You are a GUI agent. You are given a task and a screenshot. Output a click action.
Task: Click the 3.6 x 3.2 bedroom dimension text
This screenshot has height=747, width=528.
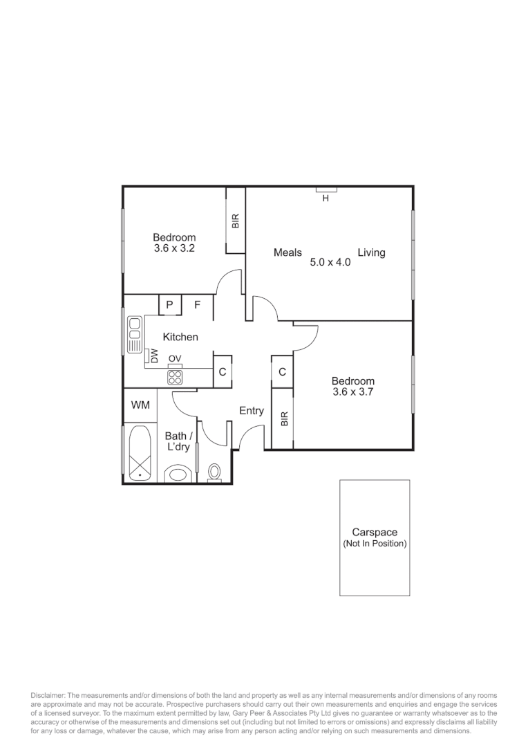click(174, 248)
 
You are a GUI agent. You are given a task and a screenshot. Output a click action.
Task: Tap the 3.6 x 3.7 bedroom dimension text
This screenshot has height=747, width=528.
click(352, 392)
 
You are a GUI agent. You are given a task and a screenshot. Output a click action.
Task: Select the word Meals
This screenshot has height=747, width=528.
click(287, 252)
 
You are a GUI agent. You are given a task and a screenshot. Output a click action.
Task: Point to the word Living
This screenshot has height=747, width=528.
click(371, 252)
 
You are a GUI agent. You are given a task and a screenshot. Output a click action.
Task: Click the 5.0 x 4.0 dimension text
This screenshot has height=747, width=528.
click(330, 263)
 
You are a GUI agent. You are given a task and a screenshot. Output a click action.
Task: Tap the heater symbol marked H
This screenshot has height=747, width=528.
click(326, 190)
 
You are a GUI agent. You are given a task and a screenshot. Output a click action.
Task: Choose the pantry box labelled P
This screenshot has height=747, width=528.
click(169, 304)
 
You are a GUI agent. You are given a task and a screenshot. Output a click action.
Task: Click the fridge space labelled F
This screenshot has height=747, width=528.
click(197, 304)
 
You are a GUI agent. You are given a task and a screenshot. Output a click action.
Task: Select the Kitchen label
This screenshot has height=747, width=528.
click(180, 337)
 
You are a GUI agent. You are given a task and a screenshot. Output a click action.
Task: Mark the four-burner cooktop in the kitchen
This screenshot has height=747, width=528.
click(176, 378)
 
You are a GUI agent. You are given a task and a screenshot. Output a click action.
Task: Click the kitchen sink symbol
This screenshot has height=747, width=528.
click(134, 334)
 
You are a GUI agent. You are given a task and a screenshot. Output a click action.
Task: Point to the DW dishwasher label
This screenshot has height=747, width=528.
click(154, 356)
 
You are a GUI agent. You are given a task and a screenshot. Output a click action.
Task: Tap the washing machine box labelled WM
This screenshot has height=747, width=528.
click(140, 405)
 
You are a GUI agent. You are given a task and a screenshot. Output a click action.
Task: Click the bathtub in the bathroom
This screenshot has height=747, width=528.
click(140, 453)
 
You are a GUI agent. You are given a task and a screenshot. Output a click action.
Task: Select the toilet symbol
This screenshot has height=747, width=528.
click(214, 472)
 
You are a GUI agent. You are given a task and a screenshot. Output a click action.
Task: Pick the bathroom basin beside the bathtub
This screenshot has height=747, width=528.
click(179, 474)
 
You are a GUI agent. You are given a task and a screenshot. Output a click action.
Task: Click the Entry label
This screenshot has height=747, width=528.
click(251, 411)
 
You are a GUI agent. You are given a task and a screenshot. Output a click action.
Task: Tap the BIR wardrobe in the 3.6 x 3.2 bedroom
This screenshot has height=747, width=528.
click(236, 220)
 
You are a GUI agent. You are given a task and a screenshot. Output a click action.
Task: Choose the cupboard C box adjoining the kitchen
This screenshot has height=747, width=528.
click(222, 372)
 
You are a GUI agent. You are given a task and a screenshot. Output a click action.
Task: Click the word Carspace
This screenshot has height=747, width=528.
click(375, 533)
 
